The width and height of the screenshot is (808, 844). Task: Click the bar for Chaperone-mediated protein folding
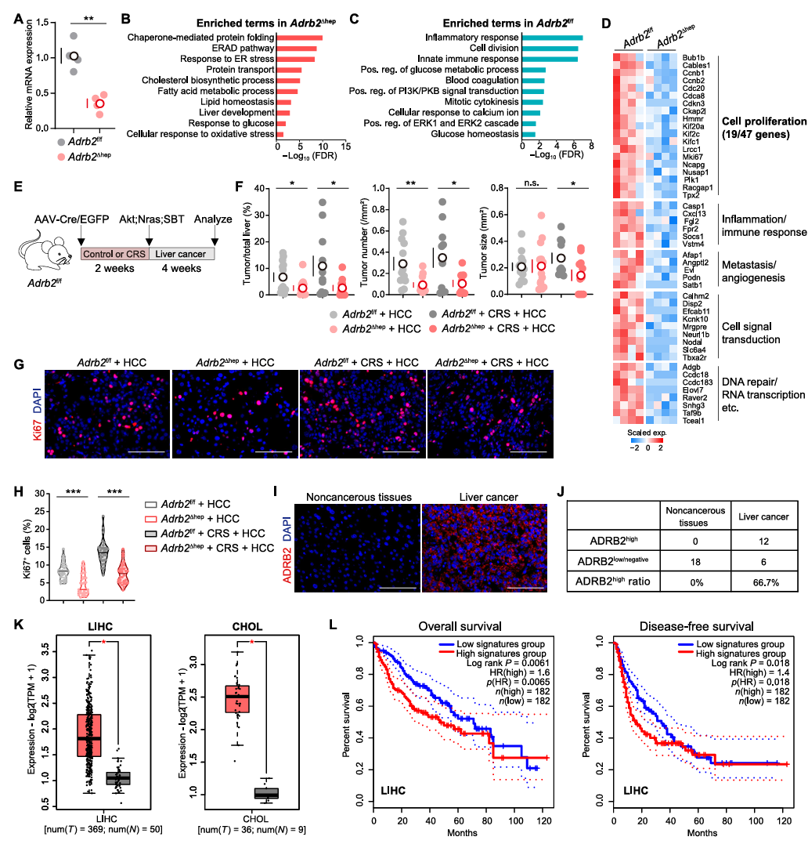point(300,38)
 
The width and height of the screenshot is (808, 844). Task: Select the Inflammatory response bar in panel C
point(552,38)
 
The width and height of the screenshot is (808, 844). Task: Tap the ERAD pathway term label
point(243,48)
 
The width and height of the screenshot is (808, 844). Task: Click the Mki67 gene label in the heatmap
point(692,158)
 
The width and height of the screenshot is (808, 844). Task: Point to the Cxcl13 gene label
point(694,214)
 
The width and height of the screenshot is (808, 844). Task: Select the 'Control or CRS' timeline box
point(114,254)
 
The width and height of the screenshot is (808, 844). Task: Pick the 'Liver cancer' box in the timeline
point(182,254)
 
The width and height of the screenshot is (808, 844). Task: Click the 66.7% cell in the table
point(766,582)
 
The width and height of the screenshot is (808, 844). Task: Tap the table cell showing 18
point(695,562)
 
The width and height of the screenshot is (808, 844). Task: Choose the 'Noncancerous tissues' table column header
point(695,516)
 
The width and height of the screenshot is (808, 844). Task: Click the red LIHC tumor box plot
point(89,735)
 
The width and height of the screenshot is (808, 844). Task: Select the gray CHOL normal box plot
point(266,793)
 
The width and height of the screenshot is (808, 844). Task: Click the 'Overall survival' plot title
point(460,627)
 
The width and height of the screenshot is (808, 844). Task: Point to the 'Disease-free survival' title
point(697,627)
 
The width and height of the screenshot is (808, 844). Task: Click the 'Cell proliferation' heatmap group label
point(764,121)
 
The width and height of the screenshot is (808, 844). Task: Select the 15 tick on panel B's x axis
point(345,147)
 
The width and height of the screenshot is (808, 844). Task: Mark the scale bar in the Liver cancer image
point(525,588)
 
